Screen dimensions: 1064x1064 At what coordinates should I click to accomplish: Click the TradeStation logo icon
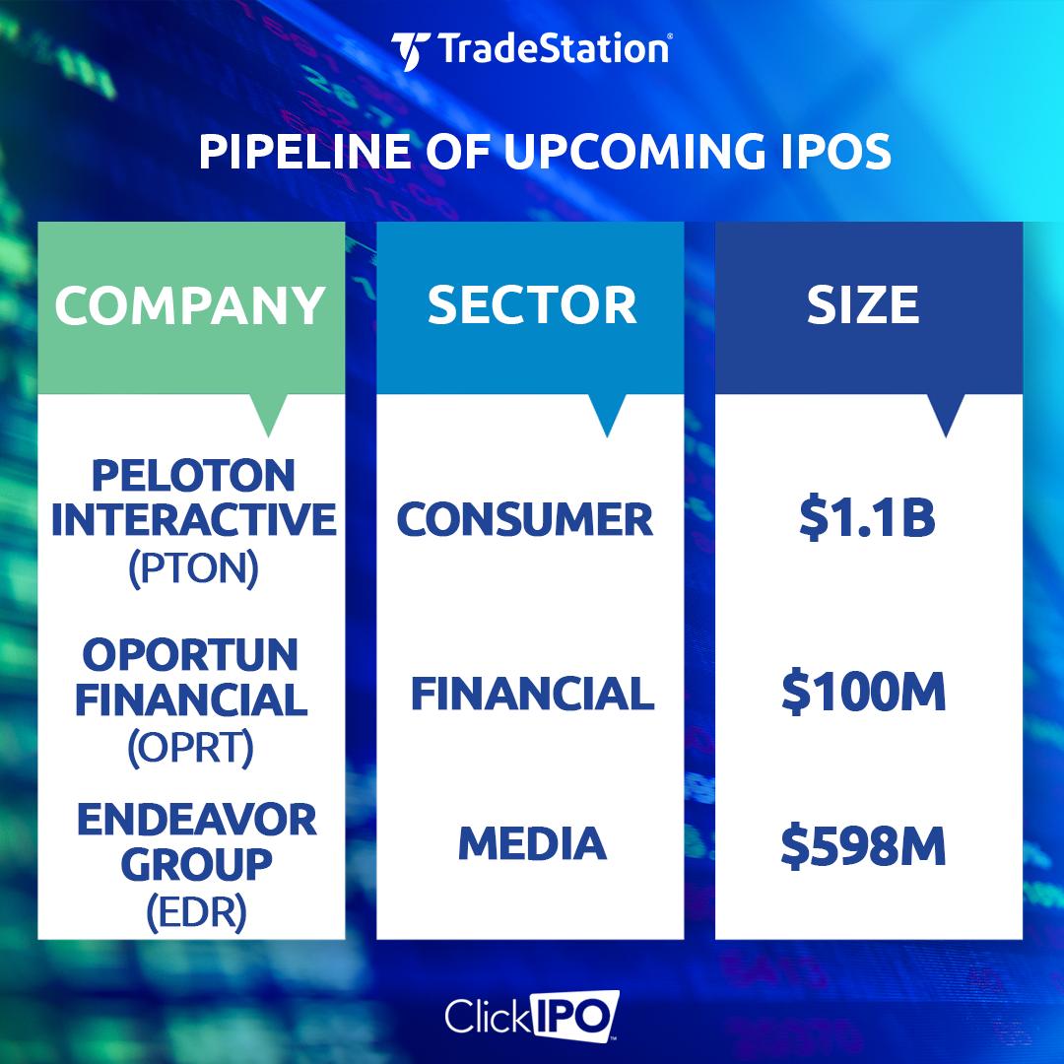pos(410,51)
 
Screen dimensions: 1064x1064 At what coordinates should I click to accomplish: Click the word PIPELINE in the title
pos(305,152)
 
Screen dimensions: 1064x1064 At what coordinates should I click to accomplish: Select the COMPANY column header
pos(190,305)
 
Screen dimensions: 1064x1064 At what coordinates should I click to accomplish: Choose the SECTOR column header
pos(532,305)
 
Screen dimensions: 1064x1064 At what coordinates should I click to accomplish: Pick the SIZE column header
pos(862,305)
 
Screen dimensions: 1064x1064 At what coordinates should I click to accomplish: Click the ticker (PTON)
pos(194,568)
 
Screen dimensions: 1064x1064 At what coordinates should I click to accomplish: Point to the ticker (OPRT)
pos(191,749)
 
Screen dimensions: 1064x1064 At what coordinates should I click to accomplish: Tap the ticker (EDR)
pos(197,912)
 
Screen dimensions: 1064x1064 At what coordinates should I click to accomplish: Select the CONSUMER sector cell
pos(524,520)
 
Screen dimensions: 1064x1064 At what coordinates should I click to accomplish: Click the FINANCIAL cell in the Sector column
pos(533,694)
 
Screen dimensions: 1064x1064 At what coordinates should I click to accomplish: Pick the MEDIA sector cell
pos(532,843)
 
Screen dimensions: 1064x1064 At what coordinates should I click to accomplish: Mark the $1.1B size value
pos(868,518)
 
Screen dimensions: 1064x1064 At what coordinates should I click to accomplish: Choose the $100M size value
pos(863,693)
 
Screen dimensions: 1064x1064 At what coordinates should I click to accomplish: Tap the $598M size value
pos(863,846)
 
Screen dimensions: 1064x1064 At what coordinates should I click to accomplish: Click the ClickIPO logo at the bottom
pos(532,1016)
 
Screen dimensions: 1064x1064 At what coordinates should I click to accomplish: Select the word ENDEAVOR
pos(197,819)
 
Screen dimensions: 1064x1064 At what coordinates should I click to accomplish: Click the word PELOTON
pos(194,475)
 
